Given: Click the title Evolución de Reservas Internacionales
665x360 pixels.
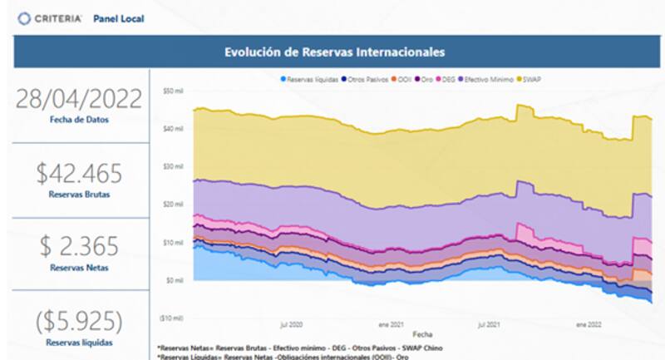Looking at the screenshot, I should [334, 52].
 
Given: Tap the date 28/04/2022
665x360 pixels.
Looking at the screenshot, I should [79, 98].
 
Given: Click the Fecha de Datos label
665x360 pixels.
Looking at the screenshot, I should [79, 120].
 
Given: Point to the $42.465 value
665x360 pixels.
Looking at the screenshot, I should [79, 173].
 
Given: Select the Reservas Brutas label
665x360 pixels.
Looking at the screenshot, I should [79, 194].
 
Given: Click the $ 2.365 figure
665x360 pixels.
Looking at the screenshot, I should [79, 246].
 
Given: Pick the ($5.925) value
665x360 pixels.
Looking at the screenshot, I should [79, 320].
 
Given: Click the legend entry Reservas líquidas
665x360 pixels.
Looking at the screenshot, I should [309, 79].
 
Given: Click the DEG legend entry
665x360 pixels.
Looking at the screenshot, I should [450, 79].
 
